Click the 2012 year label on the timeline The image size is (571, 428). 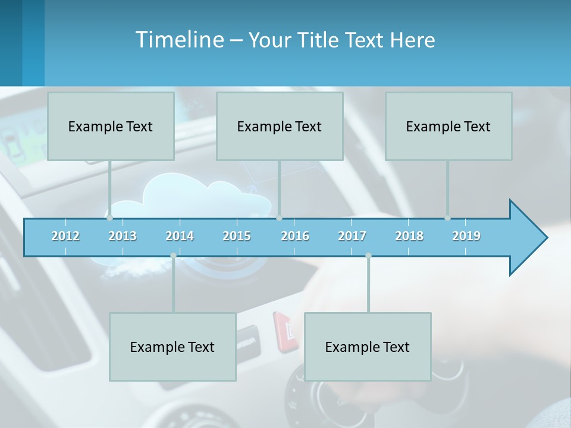click(x=65, y=236)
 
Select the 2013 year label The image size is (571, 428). click(x=123, y=236)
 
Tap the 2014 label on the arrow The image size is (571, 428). click(x=180, y=236)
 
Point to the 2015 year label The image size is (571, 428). click(x=237, y=236)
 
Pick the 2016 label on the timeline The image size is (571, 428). click(x=295, y=236)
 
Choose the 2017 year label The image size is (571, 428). click(x=352, y=236)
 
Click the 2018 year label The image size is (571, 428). click(x=409, y=236)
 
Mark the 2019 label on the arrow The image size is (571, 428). click(x=466, y=236)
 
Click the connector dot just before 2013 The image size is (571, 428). click(x=109, y=218)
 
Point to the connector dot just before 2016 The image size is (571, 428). click(x=279, y=218)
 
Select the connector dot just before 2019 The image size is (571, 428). click(x=447, y=218)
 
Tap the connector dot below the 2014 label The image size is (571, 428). click(x=173, y=256)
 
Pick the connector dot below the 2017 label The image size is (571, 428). click(x=368, y=256)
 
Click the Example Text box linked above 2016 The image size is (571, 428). click(x=279, y=126)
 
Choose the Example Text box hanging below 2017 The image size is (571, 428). click(x=367, y=347)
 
